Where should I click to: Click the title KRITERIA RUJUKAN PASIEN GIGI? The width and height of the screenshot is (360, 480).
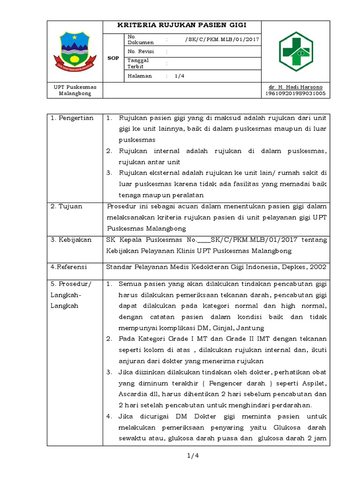coord(181,25)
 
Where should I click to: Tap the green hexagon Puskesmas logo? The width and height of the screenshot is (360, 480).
coord(295,52)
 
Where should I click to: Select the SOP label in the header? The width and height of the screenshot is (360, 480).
coord(113,58)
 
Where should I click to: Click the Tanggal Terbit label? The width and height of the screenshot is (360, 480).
coord(138,63)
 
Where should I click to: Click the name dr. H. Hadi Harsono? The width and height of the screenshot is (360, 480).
coord(295,87)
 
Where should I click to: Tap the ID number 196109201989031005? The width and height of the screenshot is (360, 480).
coord(295,93)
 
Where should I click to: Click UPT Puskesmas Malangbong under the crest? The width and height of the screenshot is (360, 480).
coord(75,90)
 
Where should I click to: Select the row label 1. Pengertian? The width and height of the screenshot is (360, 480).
coord(72,118)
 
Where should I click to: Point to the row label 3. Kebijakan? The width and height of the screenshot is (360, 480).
coord(71,240)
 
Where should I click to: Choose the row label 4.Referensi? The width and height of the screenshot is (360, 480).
coord(69,267)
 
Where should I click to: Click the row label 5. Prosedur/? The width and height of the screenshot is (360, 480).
coord(71,284)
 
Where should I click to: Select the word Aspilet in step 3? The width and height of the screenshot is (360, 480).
coord(315,383)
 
